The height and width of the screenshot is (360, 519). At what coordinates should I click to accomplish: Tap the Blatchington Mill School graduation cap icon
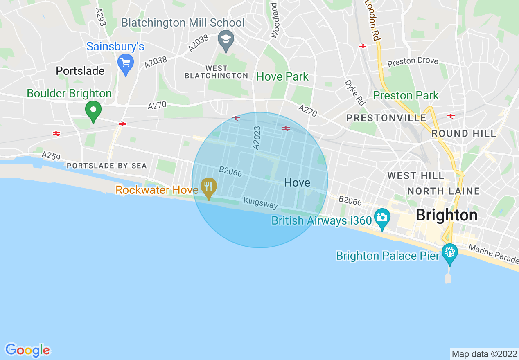click(x=225, y=39)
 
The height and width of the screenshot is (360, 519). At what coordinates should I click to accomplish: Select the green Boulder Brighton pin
click(x=93, y=110)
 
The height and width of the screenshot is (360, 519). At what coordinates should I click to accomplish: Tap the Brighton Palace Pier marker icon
click(x=449, y=252)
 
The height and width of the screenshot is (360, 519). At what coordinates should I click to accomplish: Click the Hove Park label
click(x=282, y=76)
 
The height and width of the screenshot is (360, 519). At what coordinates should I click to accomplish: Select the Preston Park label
click(x=406, y=96)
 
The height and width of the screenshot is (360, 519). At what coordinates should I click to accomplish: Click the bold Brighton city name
click(x=447, y=215)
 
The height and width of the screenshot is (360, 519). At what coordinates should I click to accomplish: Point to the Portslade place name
click(x=80, y=71)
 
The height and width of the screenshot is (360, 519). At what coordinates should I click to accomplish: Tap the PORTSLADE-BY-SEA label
click(x=106, y=166)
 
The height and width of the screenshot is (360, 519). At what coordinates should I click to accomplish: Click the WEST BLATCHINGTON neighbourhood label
click(x=216, y=72)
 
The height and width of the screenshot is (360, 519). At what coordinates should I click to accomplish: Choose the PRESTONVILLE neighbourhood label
click(x=386, y=118)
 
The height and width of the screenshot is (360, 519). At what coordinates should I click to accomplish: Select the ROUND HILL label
click(x=464, y=133)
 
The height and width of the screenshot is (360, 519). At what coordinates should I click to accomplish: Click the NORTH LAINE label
click(x=444, y=191)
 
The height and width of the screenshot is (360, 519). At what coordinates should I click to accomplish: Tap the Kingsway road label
click(x=260, y=203)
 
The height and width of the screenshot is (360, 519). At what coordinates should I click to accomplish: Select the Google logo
click(x=28, y=350)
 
